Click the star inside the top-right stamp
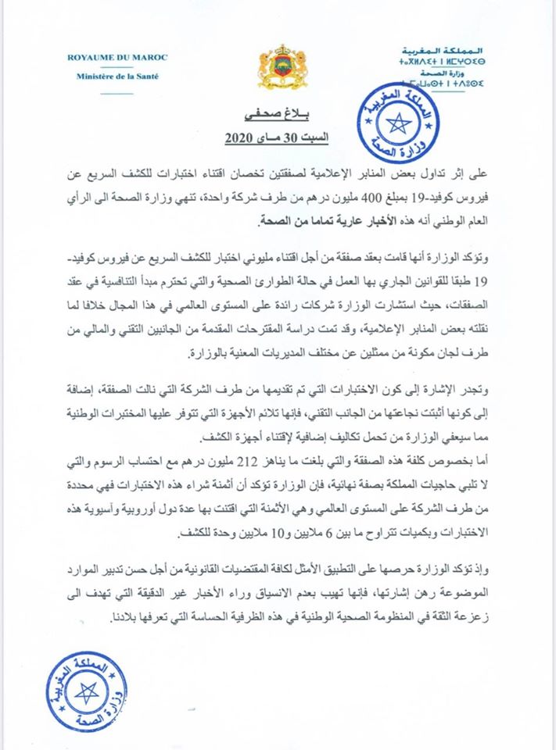click(401, 123)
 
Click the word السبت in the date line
click(311, 140)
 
